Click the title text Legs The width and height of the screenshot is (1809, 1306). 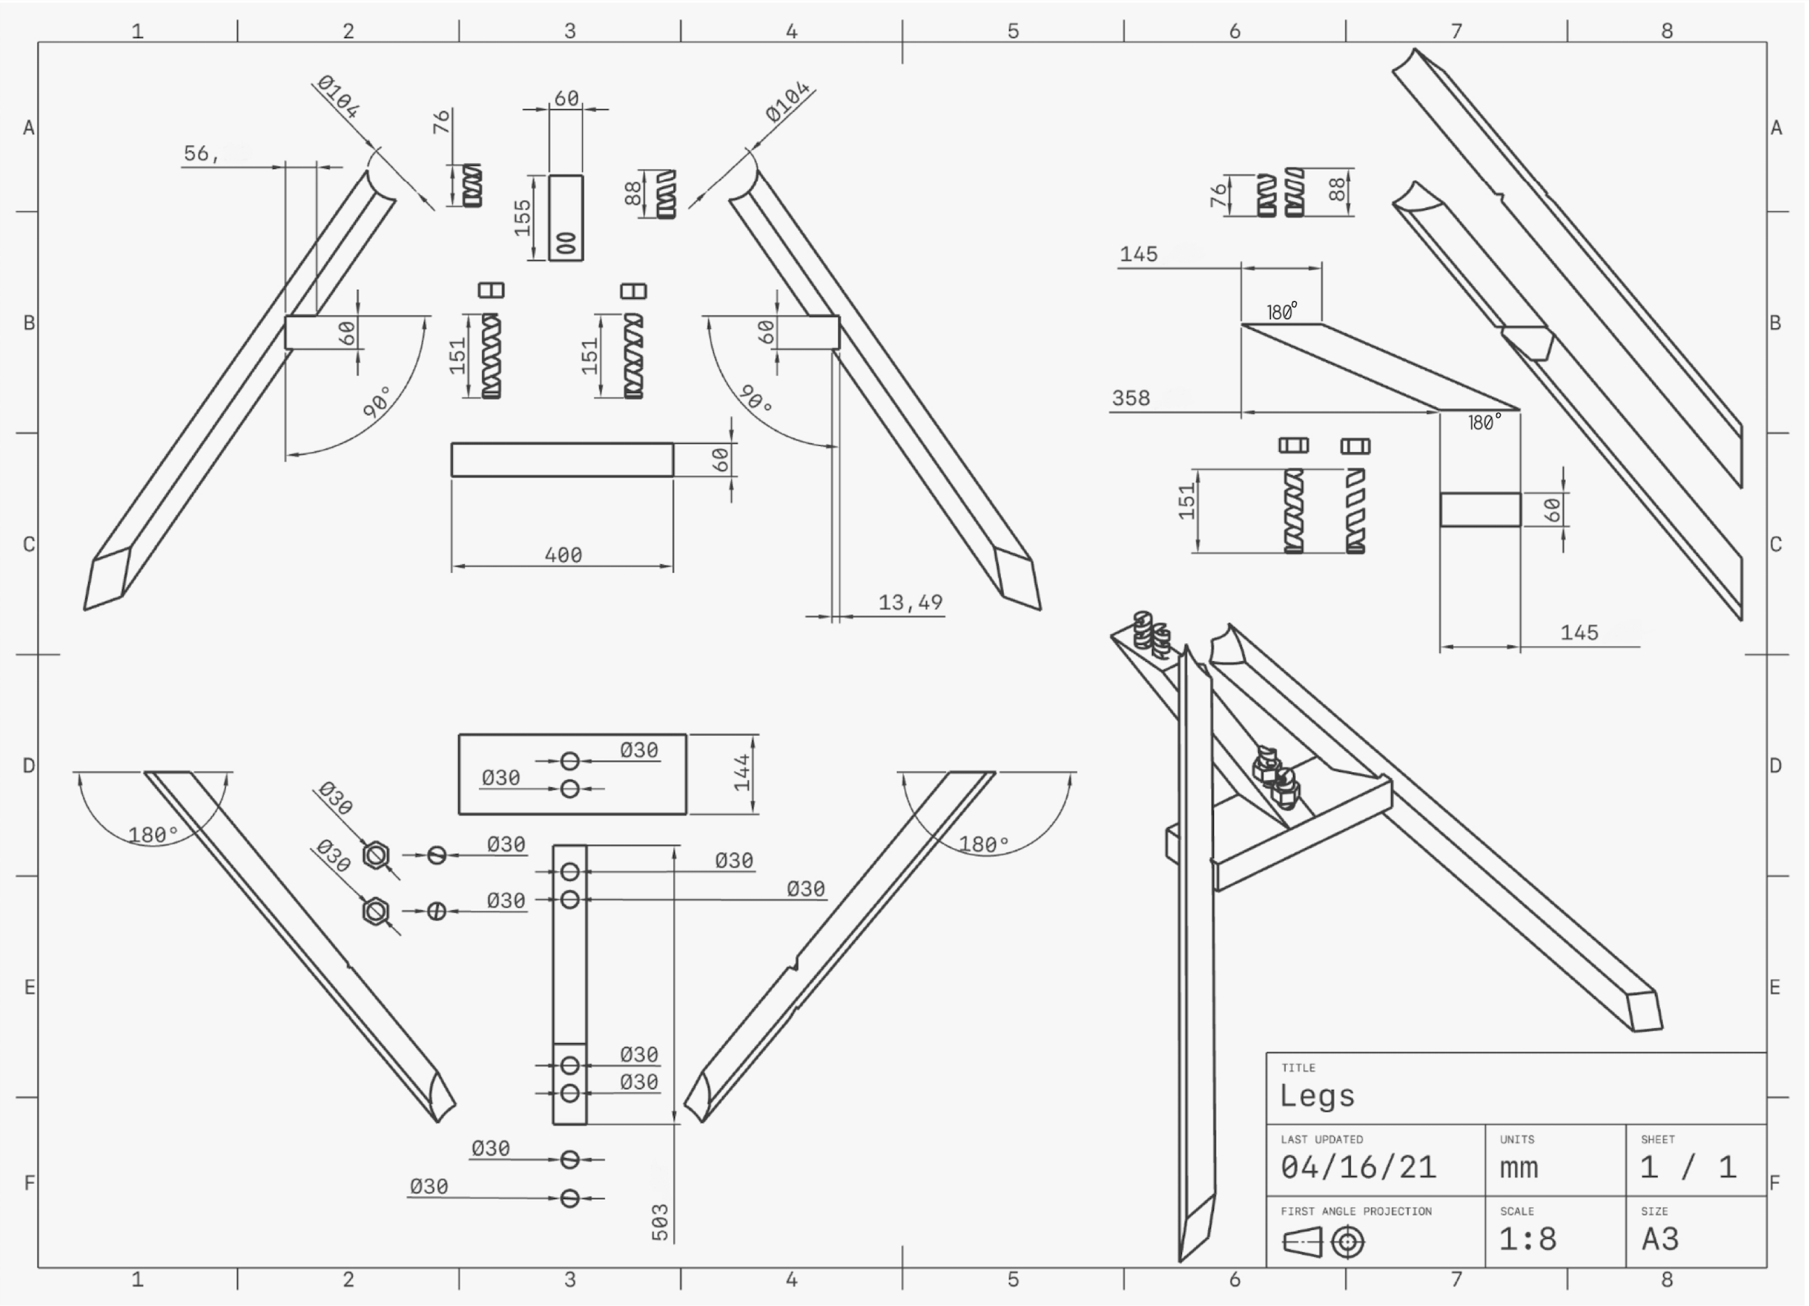(1317, 1096)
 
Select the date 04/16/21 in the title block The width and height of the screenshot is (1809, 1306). (1358, 1168)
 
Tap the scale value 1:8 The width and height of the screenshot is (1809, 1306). (1527, 1239)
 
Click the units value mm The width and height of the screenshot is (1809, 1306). (1519, 1168)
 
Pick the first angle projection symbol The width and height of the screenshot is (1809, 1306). (1323, 1242)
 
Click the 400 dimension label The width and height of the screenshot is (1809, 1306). (563, 555)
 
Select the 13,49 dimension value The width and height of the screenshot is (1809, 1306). (910, 602)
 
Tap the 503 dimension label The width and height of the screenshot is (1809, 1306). (660, 1222)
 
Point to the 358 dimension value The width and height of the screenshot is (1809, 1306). (1131, 398)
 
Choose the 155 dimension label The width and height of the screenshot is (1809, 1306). (523, 217)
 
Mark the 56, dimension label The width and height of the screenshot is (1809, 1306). (201, 153)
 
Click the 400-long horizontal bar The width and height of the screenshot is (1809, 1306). (562, 460)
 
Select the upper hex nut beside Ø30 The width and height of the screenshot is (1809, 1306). (376, 855)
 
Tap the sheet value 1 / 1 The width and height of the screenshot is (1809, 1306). (1688, 1168)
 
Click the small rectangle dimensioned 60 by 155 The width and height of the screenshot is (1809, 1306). (567, 217)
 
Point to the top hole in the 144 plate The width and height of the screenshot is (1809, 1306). (570, 761)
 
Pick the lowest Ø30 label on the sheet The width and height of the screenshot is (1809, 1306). (428, 1186)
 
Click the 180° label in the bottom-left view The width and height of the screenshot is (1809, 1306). (153, 835)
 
